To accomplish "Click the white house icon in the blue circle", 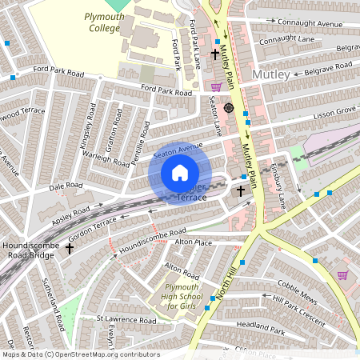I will pyautogui.click(x=180, y=173).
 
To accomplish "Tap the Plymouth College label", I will pyautogui.click(x=102, y=22).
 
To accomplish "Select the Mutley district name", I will pyautogui.click(x=269, y=74).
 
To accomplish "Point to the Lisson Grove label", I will pyautogui.click(x=334, y=110).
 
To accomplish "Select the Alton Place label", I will pyautogui.click(x=193, y=242).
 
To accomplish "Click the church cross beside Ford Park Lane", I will pyautogui.click(x=214, y=54).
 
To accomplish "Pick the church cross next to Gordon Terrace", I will pyautogui.click(x=70, y=249).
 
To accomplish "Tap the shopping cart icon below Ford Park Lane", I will pyautogui.click(x=215, y=86).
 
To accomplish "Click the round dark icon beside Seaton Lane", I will pyautogui.click(x=229, y=107).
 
